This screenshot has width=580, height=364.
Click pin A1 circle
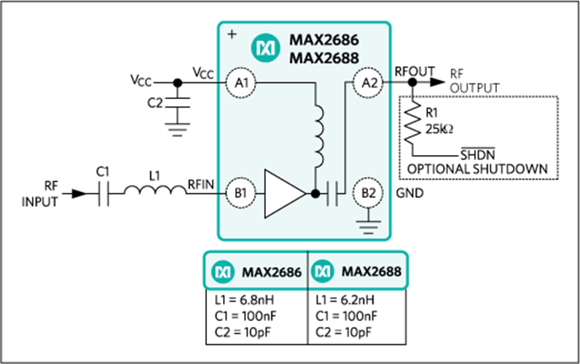(240, 83)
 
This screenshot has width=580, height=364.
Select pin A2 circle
(368, 83)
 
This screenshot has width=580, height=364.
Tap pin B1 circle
(240, 193)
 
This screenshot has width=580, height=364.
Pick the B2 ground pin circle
(368, 193)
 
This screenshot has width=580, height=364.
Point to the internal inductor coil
(318, 136)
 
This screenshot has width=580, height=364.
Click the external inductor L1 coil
(155, 190)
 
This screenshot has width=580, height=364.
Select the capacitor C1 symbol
(104, 193)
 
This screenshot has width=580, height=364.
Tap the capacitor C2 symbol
(178, 103)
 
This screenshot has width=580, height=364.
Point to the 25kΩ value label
(439, 129)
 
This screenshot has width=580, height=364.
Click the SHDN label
(477, 154)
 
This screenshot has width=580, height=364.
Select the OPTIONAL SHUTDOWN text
(477, 169)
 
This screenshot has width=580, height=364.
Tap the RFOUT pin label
(415, 71)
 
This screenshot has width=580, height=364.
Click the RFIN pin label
(201, 184)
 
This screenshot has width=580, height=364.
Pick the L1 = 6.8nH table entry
(244, 300)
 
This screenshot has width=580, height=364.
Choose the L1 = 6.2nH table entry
(345, 300)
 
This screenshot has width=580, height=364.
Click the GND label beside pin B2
(409, 193)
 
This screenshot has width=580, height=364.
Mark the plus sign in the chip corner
(232, 34)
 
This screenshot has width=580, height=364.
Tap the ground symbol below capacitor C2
(178, 129)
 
